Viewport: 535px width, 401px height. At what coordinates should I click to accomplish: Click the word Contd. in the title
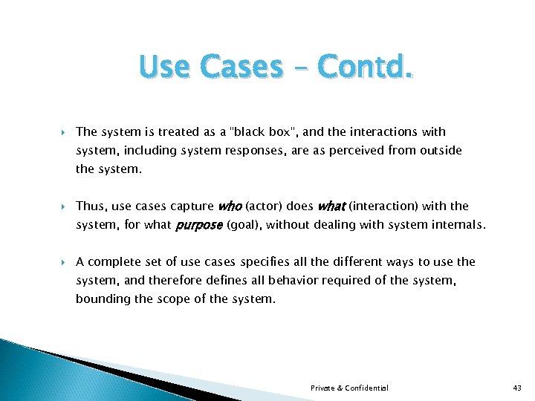365,68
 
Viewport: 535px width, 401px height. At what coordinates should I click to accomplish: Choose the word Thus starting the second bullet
90,206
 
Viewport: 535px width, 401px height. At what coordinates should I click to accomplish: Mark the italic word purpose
198,225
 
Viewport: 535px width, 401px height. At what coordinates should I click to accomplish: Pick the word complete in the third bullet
114,262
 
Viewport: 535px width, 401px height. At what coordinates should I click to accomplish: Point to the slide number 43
518,388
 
